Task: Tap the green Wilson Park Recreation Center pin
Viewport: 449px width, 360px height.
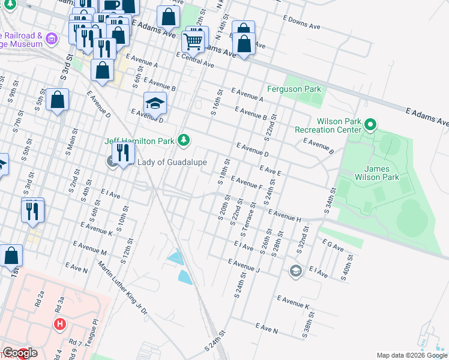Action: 370,125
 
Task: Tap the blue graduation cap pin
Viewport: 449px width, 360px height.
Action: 155,104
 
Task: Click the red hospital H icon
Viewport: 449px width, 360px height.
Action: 59,325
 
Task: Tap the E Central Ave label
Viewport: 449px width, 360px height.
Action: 195,59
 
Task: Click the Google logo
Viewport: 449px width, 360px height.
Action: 19,353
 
